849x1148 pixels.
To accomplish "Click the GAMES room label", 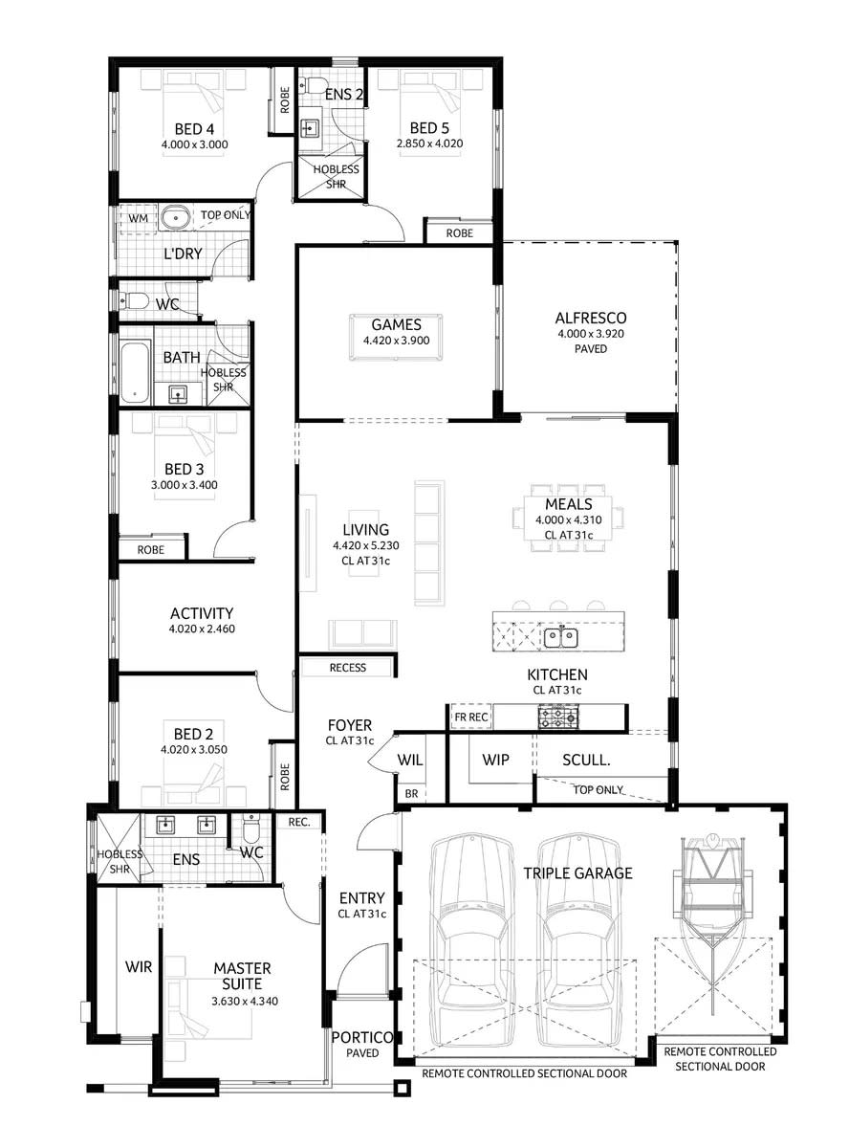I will point(397,324).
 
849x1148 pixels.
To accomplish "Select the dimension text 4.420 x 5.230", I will point(366,545).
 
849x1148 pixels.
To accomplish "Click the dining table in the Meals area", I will point(569,518).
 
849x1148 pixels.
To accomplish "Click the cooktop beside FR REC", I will point(558,716).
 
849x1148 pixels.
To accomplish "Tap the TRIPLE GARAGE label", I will point(577,872).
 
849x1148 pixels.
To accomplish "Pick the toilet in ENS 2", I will point(316,86).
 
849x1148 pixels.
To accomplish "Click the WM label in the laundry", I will point(139,217).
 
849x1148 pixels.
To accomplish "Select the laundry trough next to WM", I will point(175,218).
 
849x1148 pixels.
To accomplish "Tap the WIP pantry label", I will point(495,760).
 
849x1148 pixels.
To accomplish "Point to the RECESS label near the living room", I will point(347,667).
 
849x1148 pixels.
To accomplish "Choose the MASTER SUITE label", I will point(243,976).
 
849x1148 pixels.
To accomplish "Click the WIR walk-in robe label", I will point(139,967).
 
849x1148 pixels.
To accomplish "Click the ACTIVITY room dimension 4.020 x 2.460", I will point(202,629).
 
